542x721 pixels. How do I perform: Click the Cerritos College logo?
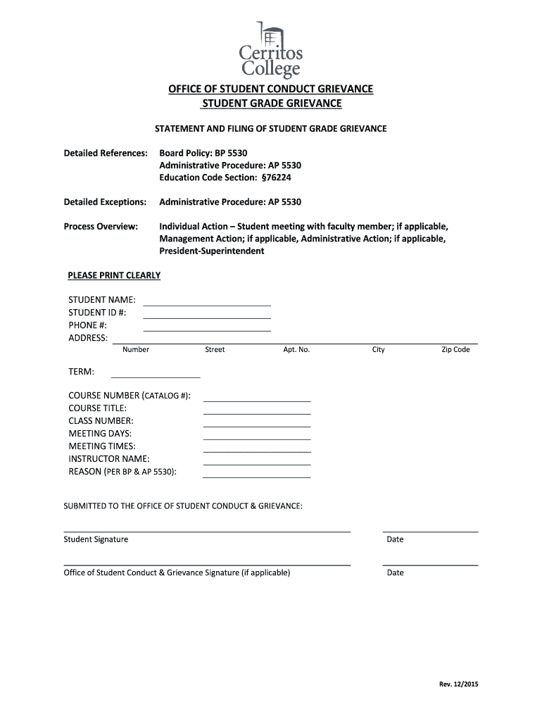271,49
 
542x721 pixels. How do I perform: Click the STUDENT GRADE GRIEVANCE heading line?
271,104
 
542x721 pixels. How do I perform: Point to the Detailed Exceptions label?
105,202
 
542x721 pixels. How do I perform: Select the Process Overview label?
101,227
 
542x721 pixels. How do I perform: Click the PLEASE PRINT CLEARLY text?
114,275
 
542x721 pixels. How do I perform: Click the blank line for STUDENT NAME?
207,302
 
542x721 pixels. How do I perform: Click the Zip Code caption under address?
455,350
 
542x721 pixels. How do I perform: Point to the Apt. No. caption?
296,350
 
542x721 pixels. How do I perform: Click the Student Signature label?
96,539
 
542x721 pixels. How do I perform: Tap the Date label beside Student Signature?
395,539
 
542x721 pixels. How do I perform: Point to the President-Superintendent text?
211,251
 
